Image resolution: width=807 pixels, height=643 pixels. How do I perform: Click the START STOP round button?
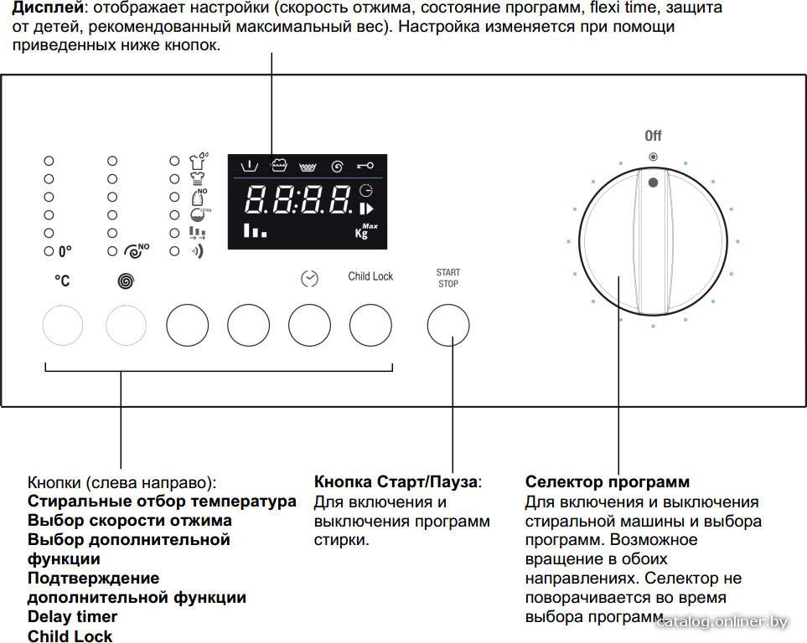[x=448, y=325]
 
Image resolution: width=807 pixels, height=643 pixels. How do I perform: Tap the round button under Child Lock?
[x=370, y=325]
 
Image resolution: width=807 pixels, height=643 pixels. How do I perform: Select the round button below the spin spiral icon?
[x=126, y=325]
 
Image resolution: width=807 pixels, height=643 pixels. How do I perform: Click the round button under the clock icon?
[x=309, y=325]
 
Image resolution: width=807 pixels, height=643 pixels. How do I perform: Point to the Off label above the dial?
[x=653, y=136]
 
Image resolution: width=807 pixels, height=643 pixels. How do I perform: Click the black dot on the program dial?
[x=653, y=183]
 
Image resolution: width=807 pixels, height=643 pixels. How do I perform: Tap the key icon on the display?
[x=365, y=166]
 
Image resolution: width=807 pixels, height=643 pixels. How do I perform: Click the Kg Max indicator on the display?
[x=366, y=231]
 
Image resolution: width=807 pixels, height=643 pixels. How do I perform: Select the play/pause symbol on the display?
[x=366, y=208]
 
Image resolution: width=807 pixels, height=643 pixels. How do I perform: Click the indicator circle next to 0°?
[x=49, y=251]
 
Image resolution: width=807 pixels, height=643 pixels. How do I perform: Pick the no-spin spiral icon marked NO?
[x=137, y=250]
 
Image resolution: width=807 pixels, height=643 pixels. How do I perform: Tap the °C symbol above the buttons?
[x=62, y=280]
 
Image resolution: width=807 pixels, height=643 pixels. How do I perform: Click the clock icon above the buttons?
[x=309, y=278]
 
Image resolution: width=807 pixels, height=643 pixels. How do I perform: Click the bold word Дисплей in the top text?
[x=48, y=8]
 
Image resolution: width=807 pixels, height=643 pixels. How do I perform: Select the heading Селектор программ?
[x=608, y=482]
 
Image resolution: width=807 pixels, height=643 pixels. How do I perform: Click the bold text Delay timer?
[x=72, y=616]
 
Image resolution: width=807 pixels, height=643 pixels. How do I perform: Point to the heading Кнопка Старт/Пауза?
[x=396, y=482]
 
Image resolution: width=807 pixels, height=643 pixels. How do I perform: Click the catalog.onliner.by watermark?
[x=722, y=622]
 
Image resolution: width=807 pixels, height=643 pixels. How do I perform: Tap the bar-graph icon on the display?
[x=256, y=230]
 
